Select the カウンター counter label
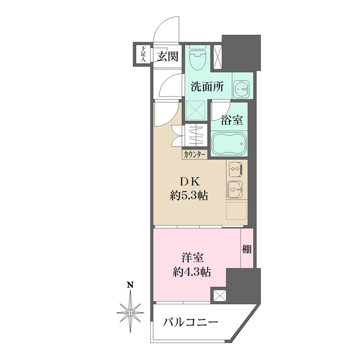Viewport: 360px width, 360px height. click(x=195, y=154)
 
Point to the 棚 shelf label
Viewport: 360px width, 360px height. click(x=247, y=249)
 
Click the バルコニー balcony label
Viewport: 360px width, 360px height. click(x=190, y=322)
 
